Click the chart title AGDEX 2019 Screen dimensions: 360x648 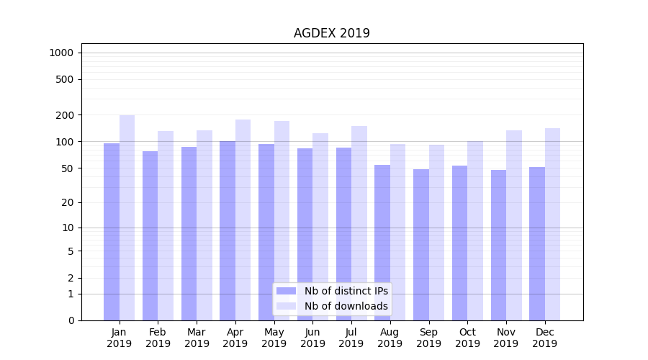point(331,33)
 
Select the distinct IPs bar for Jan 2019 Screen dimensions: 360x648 point(112,230)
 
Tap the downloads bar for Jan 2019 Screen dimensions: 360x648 point(127,216)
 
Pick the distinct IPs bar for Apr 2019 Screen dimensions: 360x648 point(228,230)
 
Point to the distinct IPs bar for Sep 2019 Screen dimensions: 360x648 point(421,245)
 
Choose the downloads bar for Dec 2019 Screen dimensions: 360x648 point(552,223)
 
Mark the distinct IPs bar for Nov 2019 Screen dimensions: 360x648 point(498,245)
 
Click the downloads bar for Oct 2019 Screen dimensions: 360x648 point(475,230)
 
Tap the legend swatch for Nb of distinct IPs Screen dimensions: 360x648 point(287,291)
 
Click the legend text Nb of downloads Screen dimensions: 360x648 point(346,306)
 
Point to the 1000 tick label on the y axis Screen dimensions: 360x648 point(61,53)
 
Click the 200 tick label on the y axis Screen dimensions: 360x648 point(65,115)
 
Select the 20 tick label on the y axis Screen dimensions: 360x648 point(67,202)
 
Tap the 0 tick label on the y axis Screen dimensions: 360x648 point(71,320)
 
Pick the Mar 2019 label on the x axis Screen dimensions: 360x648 point(197,338)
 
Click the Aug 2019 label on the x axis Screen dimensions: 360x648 point(390,338)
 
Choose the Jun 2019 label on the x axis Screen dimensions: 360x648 point(312,338)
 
